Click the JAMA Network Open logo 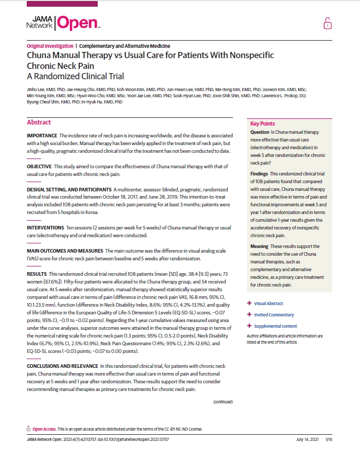[63, 22]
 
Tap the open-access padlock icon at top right [327, 23]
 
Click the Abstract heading [39, 122]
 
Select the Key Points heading [262, 123]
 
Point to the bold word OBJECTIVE [39, 167]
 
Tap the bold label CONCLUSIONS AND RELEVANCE [62, 366]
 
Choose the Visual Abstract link [268, 303]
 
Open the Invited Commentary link [274, 314]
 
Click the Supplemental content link [275, 326]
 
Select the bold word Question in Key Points [260, 132]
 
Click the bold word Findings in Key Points [260, 174]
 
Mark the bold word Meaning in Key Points [260, 246]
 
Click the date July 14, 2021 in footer [308, 439]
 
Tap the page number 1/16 [329, 439]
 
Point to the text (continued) [223, 402]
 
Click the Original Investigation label [49, 46]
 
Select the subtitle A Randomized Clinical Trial [76, 77]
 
